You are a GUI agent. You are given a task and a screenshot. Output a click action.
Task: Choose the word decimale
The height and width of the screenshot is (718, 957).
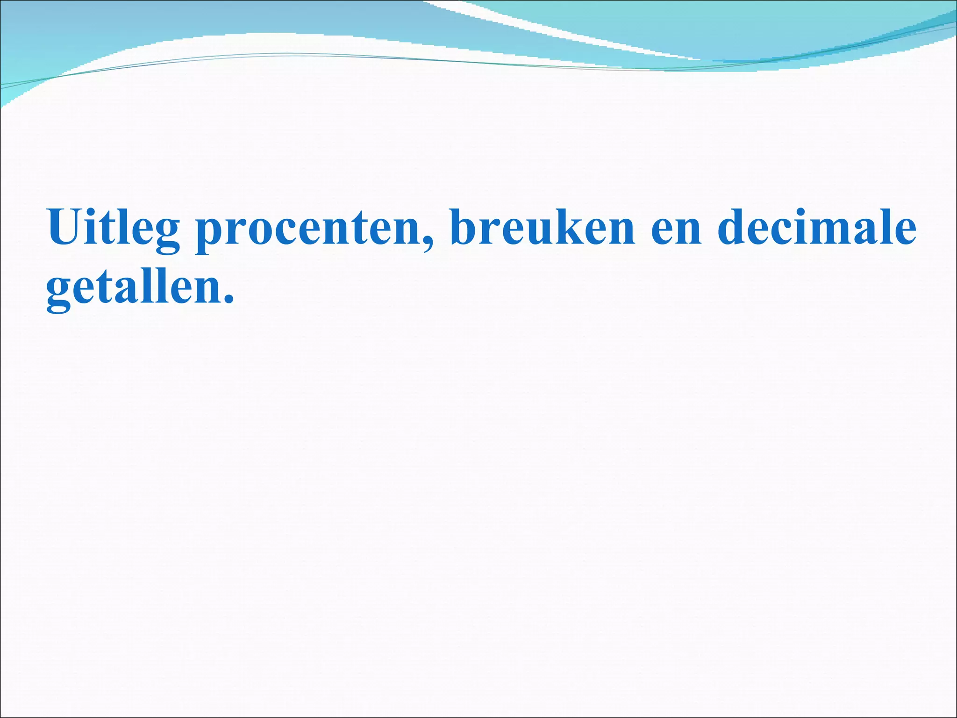(x=817, y=227)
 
